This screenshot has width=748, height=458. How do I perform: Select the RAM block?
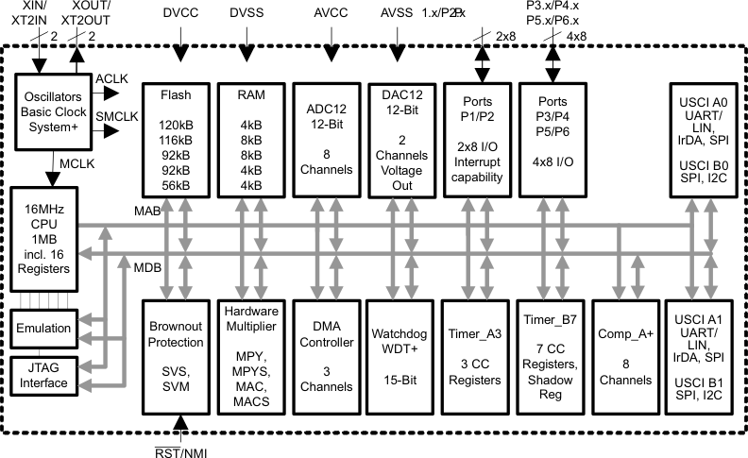250,139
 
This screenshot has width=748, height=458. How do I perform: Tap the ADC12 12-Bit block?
326,139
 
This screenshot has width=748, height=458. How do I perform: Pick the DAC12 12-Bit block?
401,139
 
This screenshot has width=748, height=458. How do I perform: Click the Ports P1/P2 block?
477,139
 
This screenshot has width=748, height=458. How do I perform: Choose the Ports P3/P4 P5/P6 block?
552,139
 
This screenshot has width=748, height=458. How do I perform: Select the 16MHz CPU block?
42,238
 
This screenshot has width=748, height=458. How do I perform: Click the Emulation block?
44,328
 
